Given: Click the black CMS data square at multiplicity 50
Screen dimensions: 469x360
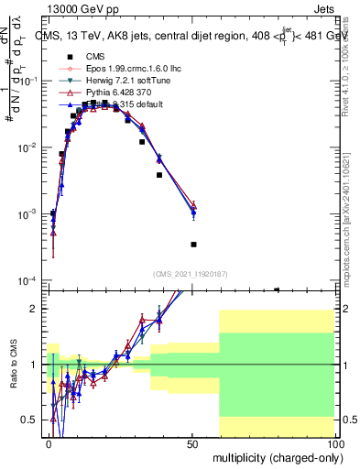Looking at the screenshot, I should click(x=193, y=245).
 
